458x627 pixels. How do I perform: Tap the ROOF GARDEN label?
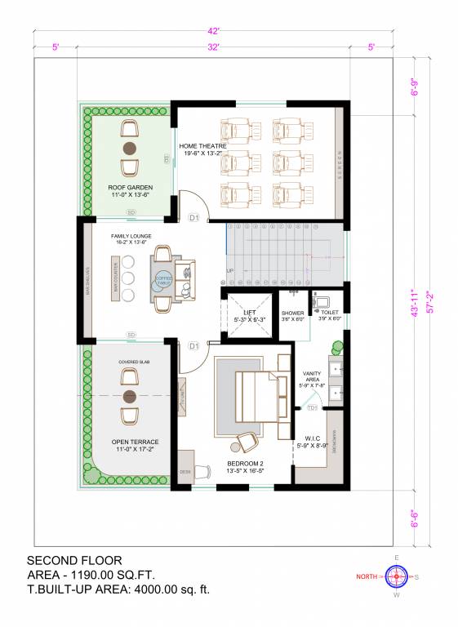point(130,188)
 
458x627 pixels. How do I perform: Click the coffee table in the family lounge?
point(163,278)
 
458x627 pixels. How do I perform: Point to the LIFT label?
point(250,312)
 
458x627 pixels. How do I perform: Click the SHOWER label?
point(293,313)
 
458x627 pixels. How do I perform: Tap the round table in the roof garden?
point(129,148)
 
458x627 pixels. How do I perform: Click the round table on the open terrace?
point(129,396)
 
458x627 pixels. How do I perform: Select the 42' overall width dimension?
point(212,31)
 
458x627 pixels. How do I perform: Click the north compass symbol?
point(397,576)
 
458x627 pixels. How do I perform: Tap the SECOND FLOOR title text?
point(74,561)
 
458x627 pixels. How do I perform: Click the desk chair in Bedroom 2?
point(245,442)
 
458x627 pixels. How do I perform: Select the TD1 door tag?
point(313,407)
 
